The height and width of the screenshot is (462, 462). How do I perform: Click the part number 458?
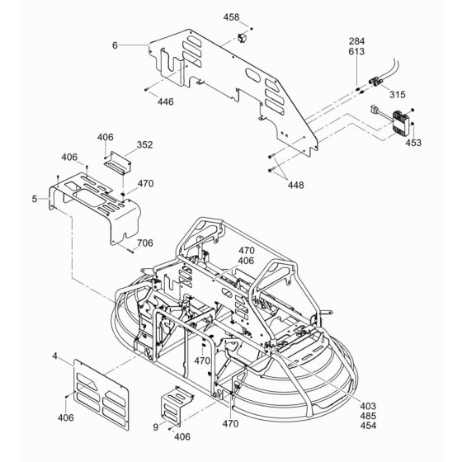point(231,17)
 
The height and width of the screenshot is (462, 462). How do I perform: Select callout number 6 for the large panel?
point(115,45)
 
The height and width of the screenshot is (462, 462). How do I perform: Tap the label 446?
point(166,101)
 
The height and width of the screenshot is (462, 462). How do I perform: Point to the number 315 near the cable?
point(398,95)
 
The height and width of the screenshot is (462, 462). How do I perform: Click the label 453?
point(413,143)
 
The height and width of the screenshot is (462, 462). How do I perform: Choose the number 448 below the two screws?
point(296,185)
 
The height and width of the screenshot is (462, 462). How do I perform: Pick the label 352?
point(145,144)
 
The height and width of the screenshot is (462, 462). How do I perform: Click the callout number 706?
point(145,243)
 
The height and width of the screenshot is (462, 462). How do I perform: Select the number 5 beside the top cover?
point(35,199)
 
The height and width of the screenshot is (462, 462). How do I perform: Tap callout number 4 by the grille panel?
point(54,356)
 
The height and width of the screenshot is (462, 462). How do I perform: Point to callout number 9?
point(156,427)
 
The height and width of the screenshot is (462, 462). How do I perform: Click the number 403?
point(368,406)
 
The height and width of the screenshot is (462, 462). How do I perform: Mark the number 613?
point(356,51)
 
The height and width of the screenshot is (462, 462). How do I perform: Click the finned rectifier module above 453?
point(400,123)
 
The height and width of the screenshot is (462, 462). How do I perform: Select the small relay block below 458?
point(242,38)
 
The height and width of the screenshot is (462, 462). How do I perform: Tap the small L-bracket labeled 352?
point(117,163)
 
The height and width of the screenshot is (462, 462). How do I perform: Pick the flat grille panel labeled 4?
point(101,395)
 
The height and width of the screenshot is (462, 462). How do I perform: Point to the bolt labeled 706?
point(131,251)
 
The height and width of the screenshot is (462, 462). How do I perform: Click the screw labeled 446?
point(147,89)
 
